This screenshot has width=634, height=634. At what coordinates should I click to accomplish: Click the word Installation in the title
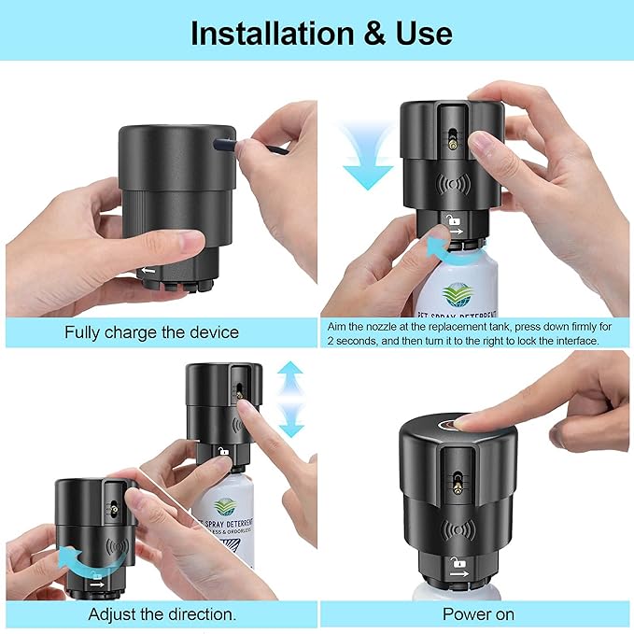tap(272, 33)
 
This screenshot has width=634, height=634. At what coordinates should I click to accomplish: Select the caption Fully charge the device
tap(151, 331)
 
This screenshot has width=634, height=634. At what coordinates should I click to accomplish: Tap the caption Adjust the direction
tap(162, 613)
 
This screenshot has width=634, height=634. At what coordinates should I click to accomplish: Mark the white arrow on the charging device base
tap(149, 271)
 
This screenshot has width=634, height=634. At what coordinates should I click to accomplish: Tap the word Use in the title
tap(421, 33)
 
